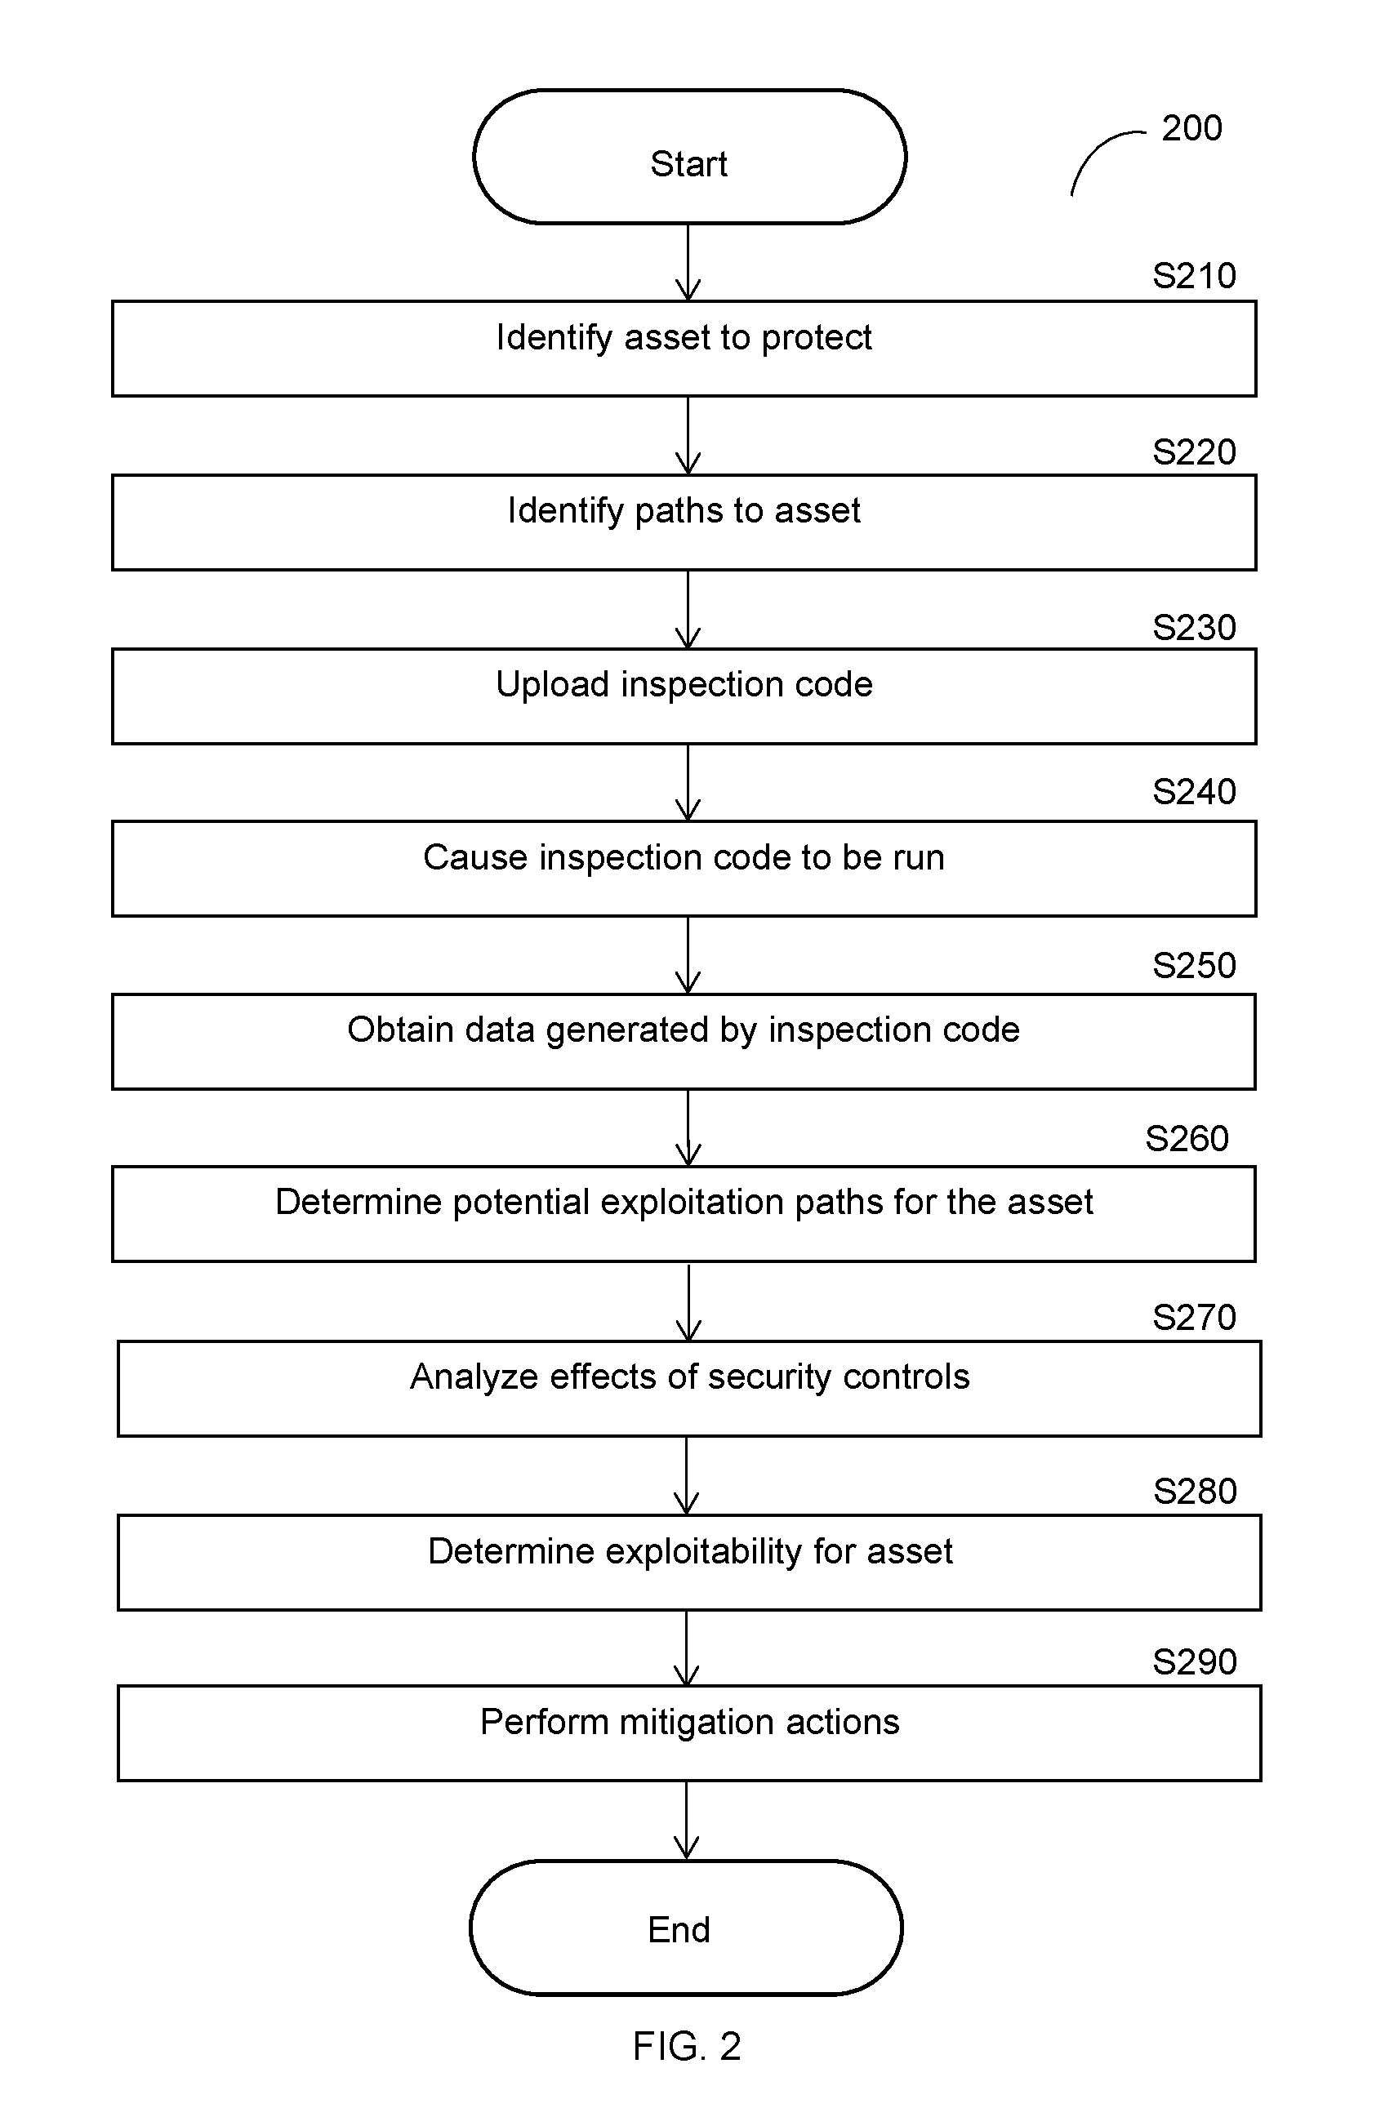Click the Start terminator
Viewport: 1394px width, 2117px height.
pyautogui.click(x=689, y=157)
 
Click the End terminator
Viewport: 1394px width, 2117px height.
pyautogui.click(x=686, y=1928)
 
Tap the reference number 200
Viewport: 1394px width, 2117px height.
pyautogui.click(x=1191, y=128)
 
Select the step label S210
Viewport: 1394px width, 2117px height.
pyautogui.click(x=1194, y=276)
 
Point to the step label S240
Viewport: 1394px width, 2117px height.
pyautogui.click(x=1194, y=792)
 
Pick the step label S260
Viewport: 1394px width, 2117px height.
pyautogui.click(x=1187, y=1139)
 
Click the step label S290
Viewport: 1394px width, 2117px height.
pyautogui.click(x=1194, y=1661)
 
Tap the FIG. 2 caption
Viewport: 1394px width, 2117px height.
pyautogui.click(x=687, y=2046)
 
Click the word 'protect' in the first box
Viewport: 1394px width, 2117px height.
pyautogui.click(x=817, y=338)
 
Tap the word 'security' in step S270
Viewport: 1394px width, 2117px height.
pyautogui.click(x=770, y=1377)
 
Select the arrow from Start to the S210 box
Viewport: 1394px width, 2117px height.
pyautogui.click(x=688, y=262)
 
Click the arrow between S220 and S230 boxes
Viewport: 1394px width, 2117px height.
pyautogui.click(x=688, y=609)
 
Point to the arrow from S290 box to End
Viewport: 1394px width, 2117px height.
pyautogui.click(x=687, y=1820)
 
